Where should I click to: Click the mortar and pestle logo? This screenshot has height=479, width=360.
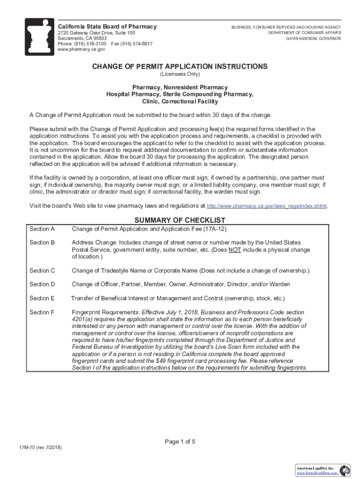pyautogui.click(x=39, y=37)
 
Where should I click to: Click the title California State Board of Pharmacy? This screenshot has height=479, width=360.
pyautogui.click(x=107, y=27)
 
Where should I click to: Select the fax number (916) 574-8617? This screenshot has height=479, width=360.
pyautogui.click(x=135, y=44)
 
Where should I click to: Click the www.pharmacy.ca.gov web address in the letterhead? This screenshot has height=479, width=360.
pyautogui.click(x=78, y=49)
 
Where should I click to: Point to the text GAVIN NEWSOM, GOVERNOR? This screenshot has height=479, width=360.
pyautogui.click(x=314, y=38)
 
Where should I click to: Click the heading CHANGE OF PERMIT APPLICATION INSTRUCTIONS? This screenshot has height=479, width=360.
pyautogui.click(x=180, y=66)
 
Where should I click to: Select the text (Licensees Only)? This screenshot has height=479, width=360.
pyautogui.click(x=180, y=74)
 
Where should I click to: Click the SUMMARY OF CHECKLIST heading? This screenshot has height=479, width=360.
pyautogui.click(x=180, y=220)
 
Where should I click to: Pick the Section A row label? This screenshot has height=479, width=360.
pyautogui.click(x=42, y=229)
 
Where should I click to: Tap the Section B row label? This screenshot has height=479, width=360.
pyautogui.click(x=42, y=242)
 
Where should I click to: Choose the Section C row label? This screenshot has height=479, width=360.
pyautogui.click(x=42, y=270)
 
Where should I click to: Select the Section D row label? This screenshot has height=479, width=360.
pyautogui.click(x=42, y=284)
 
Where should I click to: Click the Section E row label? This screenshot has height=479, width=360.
pyautogui.click(x=42, y=298)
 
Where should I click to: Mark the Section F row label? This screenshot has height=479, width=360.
pyautogui.click(x=42, y=312)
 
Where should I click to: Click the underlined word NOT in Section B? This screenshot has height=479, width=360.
pyautogui.click(x=234, y=250)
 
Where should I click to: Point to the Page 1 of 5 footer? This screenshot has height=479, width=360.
pyautogui.click(x=180, y=442)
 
